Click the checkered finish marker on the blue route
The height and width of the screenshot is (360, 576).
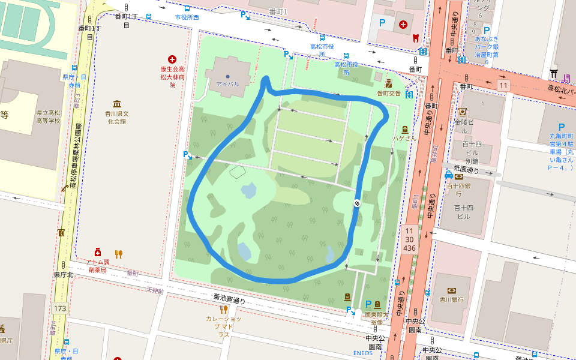coord(356,203)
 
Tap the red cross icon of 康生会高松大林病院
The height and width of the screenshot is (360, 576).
coord(172,59)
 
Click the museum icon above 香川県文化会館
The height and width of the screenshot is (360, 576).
coord(116,103)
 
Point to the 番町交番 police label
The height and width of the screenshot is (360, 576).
coord(388,94)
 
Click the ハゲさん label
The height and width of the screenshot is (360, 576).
coord(404,138)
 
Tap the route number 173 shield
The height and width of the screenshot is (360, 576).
coord(59,308)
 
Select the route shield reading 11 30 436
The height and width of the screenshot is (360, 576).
coord(410,239)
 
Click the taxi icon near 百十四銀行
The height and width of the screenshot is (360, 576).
coord(448,175)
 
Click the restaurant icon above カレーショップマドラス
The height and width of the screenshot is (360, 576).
coord(223,310)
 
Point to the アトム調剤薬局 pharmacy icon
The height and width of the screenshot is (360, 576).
coord(97,253)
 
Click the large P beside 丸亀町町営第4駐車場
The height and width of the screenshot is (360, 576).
coord(562,127)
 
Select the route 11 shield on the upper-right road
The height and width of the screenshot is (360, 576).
coord(503,86)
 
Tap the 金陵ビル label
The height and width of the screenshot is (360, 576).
coord(464,122)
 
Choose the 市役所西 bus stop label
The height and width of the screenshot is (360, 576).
coord(187,17)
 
